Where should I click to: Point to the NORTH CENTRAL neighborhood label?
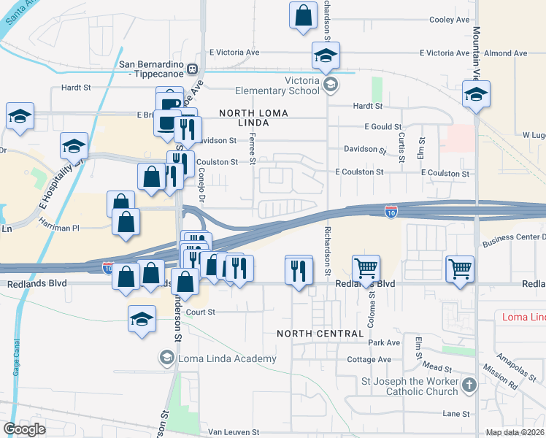point(320,334)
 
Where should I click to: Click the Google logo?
point(24,429)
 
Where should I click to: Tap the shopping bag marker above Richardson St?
point(303,15)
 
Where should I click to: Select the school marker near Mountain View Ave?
point(476,95)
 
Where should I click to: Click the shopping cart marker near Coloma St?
point(366,269)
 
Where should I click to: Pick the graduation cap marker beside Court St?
point(142,318)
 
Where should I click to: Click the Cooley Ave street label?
point(450,20)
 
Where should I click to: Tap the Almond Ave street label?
point(505,53)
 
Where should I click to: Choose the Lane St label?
point(455,413)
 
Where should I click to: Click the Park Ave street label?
point(384,342)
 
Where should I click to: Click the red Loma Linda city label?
point(523,317)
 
